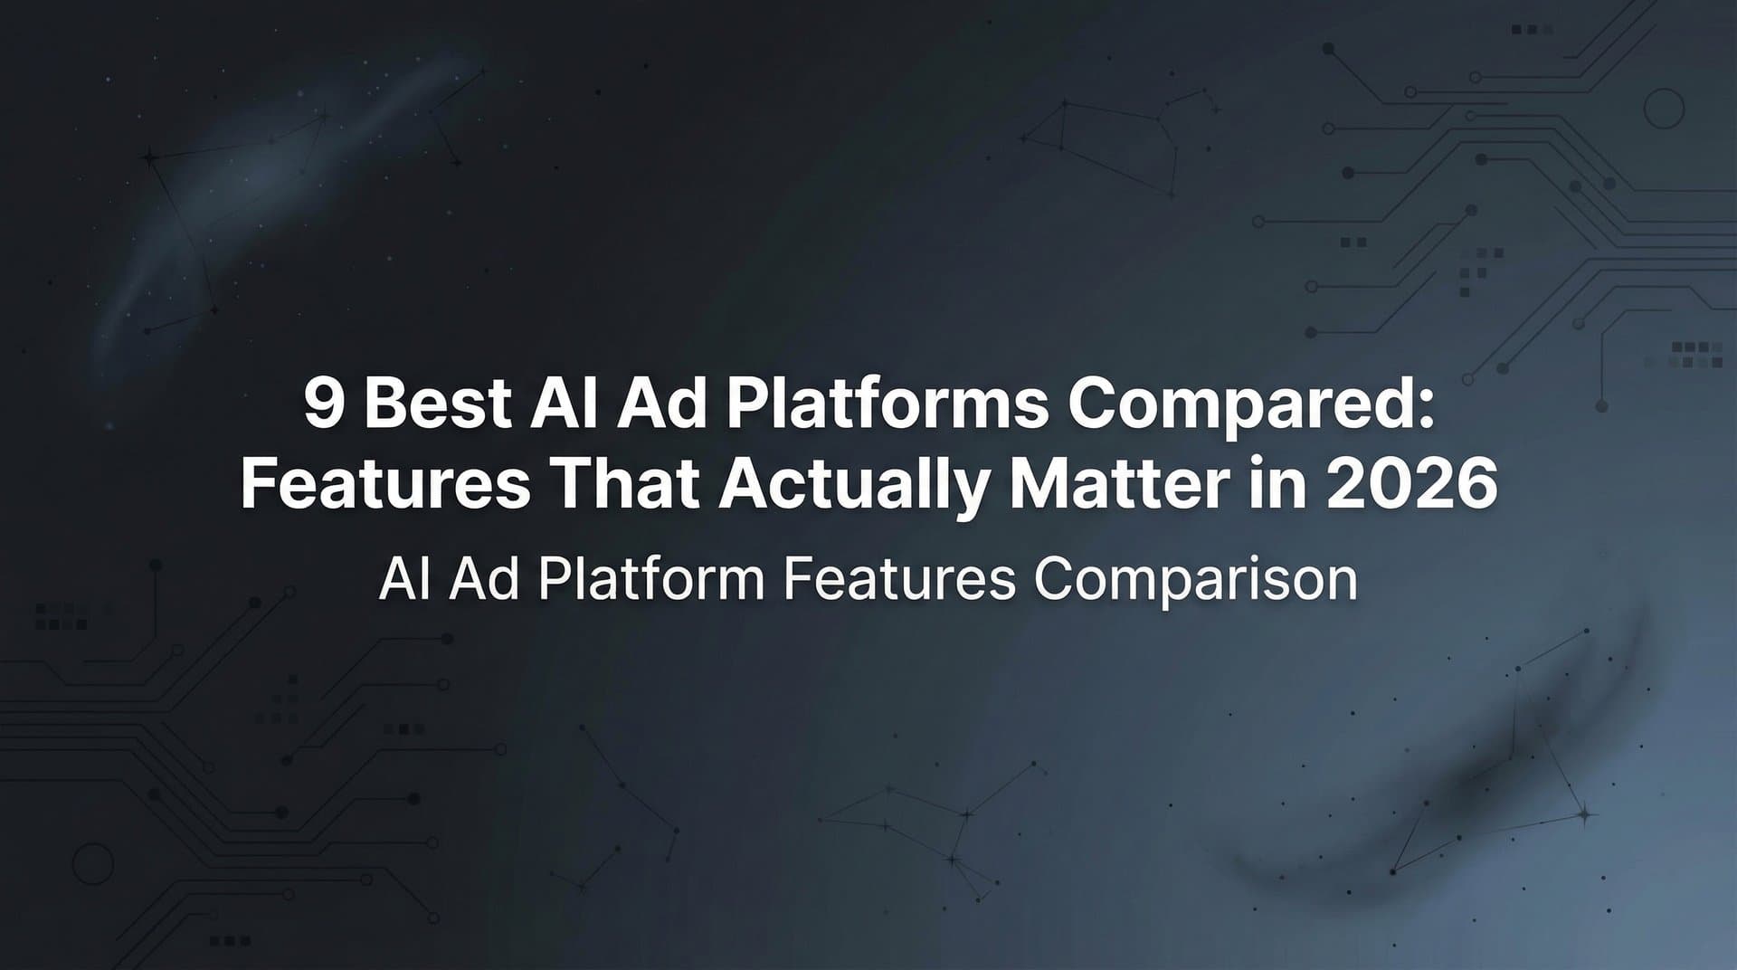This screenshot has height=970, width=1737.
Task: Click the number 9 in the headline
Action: click(324, 404)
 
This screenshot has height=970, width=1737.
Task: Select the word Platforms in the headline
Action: click(887, 404)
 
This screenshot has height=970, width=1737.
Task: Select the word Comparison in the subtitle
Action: click(1195, 580)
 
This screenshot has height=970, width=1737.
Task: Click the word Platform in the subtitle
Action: click(651, 580)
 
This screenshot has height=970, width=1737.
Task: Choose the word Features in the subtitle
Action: click(898, 580)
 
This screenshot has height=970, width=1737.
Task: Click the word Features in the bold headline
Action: click(384, 484)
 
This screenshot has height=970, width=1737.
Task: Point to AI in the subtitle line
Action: click(403, 580)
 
